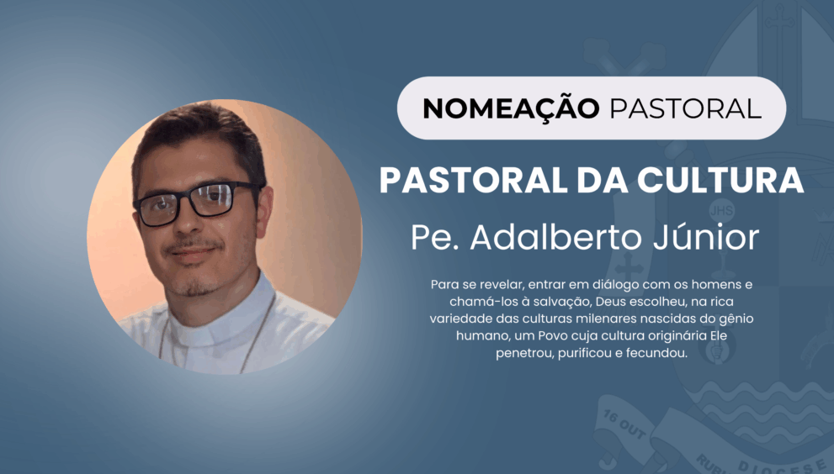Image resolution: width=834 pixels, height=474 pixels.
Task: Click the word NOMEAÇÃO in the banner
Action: pos(511,108)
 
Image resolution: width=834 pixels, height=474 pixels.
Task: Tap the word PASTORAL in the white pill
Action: pos(686,109)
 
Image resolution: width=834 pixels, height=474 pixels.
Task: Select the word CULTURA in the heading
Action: pos(720,181)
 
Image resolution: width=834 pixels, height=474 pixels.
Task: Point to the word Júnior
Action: pos(706,238)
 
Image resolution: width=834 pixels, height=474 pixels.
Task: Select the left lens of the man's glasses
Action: pos(158,209)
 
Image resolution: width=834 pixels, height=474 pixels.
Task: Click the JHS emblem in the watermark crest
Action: pos(722,210)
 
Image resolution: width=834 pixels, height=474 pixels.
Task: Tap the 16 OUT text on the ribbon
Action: pos(624,424)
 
